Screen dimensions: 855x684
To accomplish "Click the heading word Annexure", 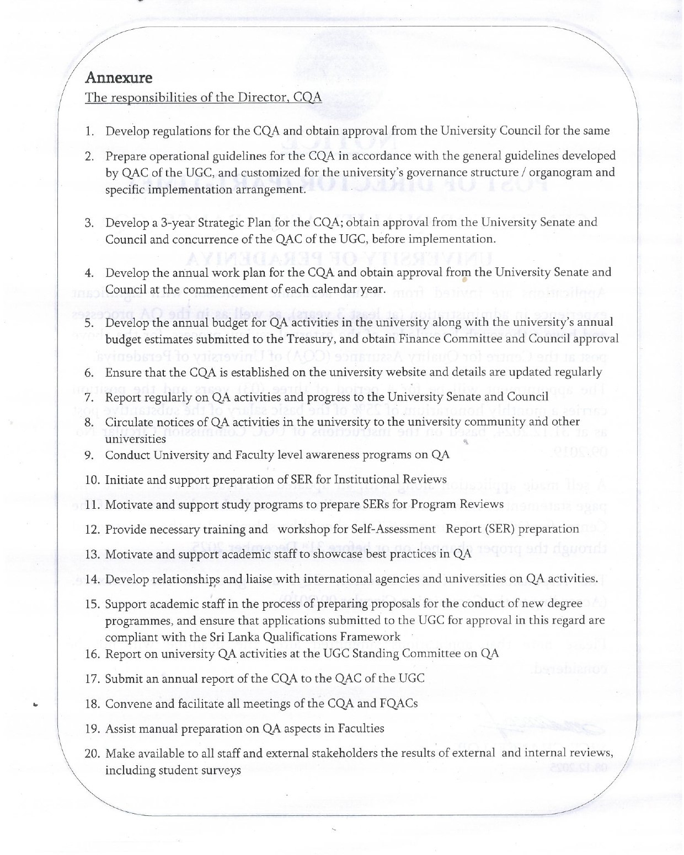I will click(x=118, y=77).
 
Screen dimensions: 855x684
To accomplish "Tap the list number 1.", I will click(x=89, y=132).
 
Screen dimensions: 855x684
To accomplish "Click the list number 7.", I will click(x=89, y=397).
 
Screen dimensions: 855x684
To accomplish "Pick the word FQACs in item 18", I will click(x=398, y=704).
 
